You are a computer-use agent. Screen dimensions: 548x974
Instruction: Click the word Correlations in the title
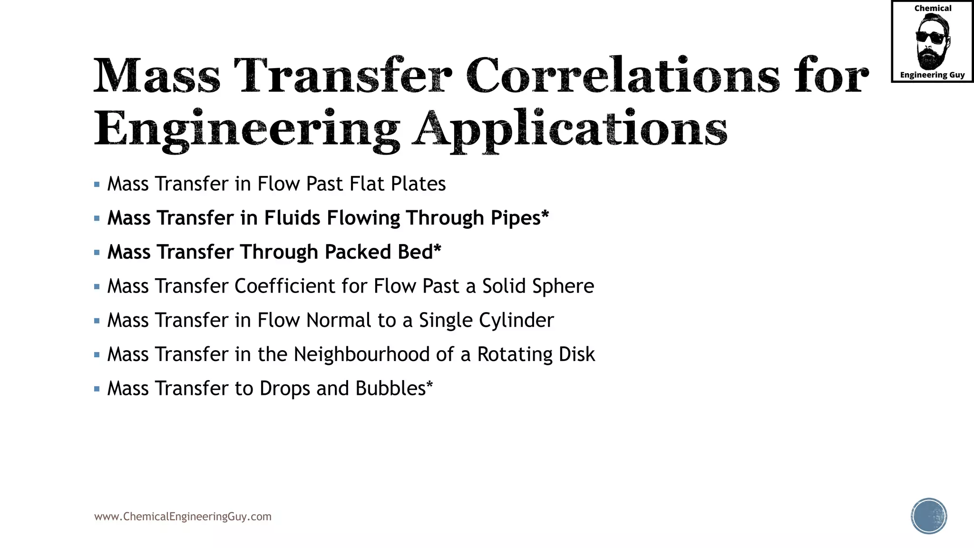(x=623, y=76)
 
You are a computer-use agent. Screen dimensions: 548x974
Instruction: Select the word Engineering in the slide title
(x=247, y=128)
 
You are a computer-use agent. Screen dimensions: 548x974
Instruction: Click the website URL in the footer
(x=183, y=517)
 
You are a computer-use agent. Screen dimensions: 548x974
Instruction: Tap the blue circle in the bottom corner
(x=929, y=516)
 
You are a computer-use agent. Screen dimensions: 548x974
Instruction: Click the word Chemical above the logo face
(x=933, y=9)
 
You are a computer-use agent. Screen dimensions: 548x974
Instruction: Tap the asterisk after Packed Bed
(x=437, y=248)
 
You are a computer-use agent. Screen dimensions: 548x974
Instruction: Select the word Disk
(x=577, y=354)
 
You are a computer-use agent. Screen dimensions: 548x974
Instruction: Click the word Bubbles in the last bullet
(x=390, y=389)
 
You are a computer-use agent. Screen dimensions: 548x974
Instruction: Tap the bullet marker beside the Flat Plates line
(x=97, y=185)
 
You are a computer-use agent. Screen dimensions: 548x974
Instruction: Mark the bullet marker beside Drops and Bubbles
(x=97, y=389)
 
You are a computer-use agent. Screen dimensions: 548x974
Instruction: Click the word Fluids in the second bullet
(x=292, y=218)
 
